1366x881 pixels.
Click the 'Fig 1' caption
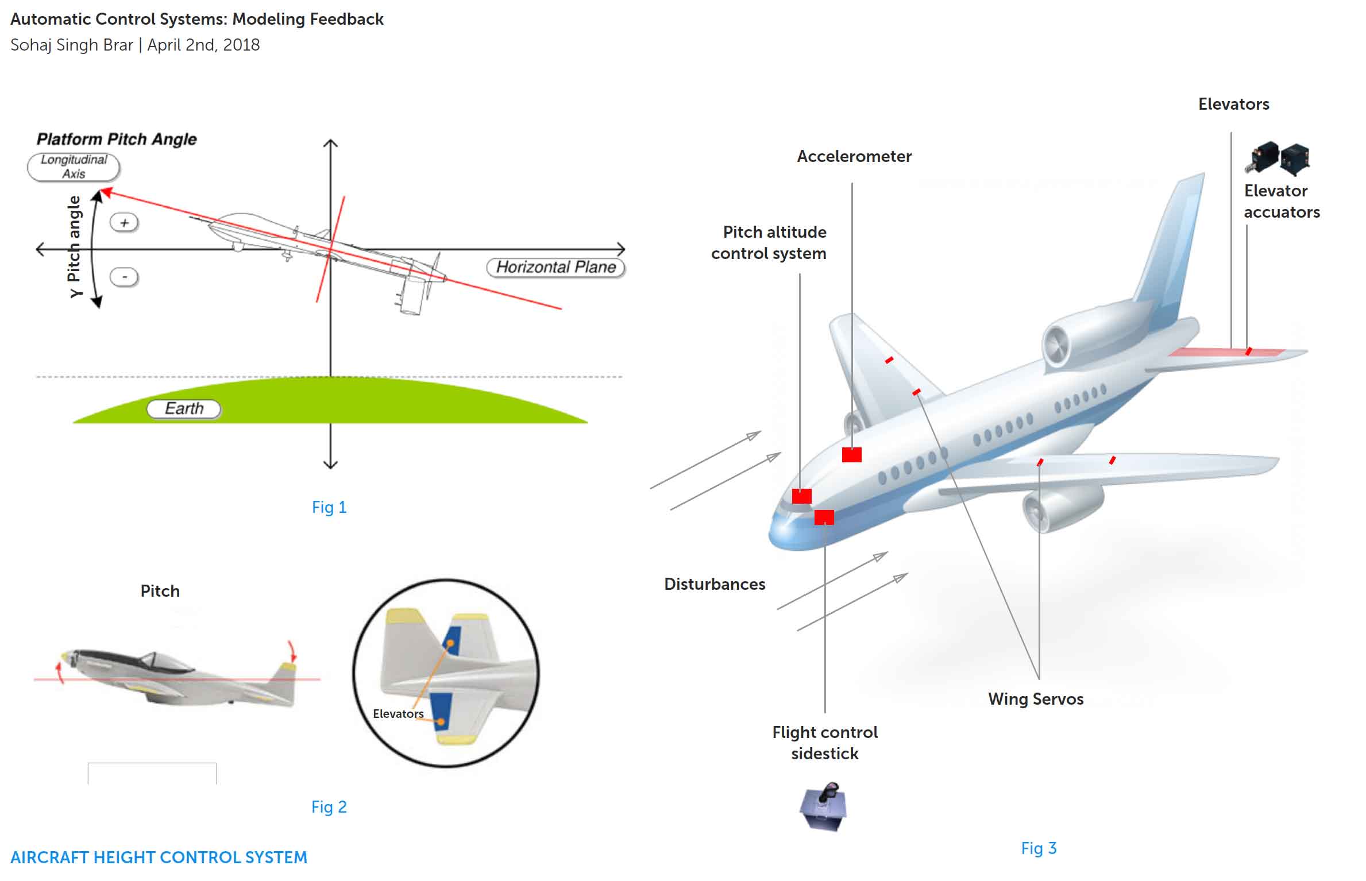[x=329, y=507]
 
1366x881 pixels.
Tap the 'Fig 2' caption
[x=329, y=807]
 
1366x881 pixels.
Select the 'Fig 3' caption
[x=1039, y=848]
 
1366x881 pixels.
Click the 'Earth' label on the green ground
[x=184, y=408]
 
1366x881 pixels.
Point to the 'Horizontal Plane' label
[x=555, y=267]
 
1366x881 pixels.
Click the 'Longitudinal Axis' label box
[x=74, y=167]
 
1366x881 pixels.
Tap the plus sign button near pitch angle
[x=124, y=222]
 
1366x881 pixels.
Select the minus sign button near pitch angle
[x=124, y=277]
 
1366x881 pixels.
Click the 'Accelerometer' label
[x=854, y=156]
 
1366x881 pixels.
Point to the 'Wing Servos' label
[x=1036, y=699]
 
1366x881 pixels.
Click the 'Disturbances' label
[x=715, y=584]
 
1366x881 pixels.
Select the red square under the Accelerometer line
[x=852, y=455]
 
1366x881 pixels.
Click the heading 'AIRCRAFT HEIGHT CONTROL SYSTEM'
[x=159, y=857]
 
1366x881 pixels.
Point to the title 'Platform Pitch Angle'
[x=117, y=139]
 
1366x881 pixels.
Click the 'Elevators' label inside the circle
[x=398, y=714]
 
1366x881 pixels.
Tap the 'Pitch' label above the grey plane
[x=160, y=591]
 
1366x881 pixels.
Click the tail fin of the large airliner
[x=1172, y=247]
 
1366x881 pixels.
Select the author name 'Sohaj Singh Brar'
[x=72, y=45]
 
